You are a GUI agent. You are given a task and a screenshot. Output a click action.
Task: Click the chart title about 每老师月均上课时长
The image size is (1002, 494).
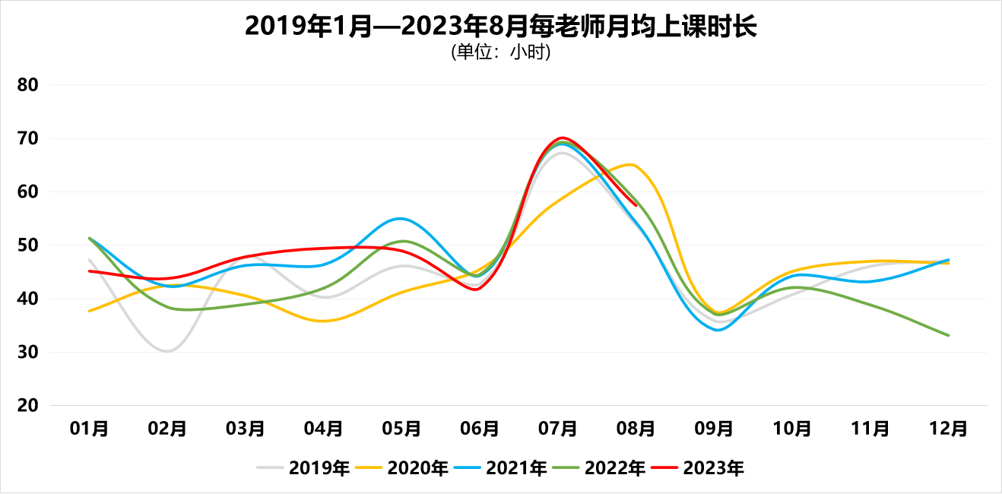coord(500,27)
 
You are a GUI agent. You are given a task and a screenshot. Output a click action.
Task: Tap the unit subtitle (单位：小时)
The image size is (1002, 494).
coord(500,52)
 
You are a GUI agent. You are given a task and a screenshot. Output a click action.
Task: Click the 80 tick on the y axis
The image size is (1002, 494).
coord(28,85)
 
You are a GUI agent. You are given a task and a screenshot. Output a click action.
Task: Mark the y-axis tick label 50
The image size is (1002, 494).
coord(28,245)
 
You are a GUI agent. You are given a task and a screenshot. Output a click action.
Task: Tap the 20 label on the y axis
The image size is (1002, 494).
coord(28,406)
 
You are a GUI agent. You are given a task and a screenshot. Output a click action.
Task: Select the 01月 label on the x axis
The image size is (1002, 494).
coord(89,429)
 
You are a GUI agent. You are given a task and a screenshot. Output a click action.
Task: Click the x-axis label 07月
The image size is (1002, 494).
coord(558,429)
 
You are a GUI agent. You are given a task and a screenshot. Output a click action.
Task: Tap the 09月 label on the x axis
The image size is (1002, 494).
coord(714,429)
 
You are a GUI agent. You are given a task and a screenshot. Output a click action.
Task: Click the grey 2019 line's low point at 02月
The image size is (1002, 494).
coord(167,350)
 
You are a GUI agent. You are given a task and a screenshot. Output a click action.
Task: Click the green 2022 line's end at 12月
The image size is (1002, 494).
coord(948,335)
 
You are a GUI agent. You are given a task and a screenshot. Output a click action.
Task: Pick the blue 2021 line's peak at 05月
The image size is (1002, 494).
coord(401,218)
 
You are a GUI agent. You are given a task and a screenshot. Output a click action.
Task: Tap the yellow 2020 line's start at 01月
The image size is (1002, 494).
coord(90,311)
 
